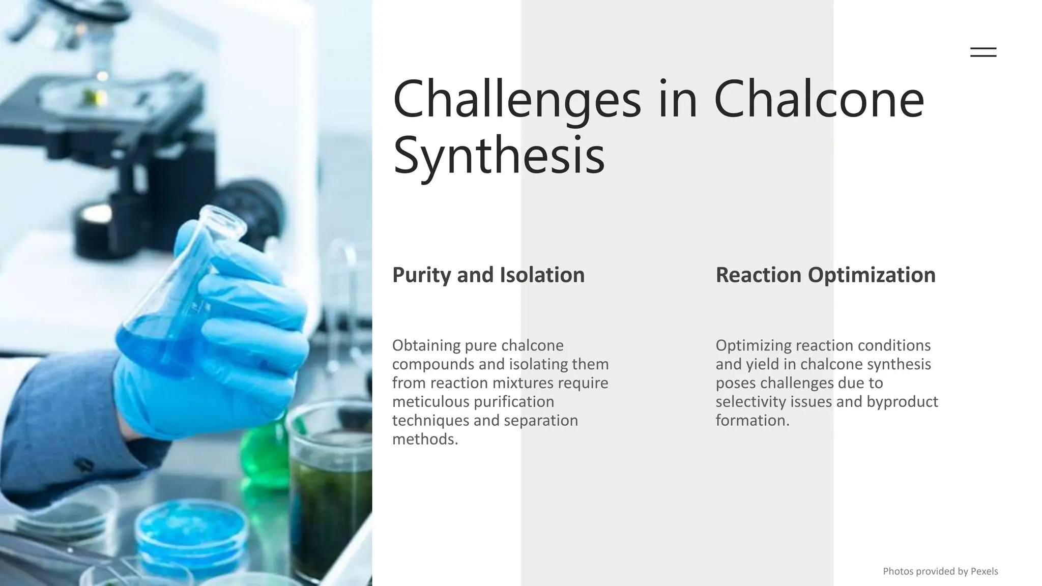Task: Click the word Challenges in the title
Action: click(516, 100)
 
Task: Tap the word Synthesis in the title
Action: click(499, 155)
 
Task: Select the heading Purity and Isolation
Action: click(488, 275)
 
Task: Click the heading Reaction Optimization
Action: click(825, 275)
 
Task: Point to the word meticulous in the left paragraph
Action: click(430, 402)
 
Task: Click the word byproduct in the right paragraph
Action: click(902, 402)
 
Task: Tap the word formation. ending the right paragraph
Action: click(752, 421)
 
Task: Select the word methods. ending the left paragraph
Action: click(425, 439)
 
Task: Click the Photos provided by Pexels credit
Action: click(940, 571)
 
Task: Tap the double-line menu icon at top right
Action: click(983, 52)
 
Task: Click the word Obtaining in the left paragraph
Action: click(426, 346)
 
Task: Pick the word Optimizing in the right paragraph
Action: click(753, 346)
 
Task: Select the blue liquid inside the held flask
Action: click(153, 341)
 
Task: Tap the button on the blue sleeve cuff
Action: click(84, 464)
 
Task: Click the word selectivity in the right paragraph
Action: click(750, 402)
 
